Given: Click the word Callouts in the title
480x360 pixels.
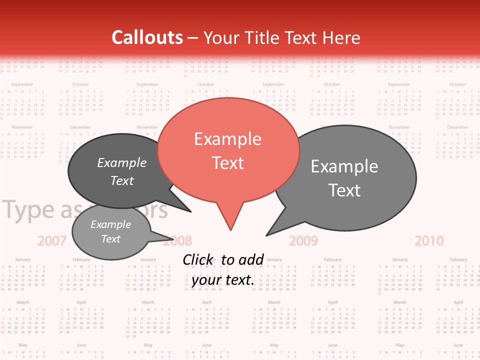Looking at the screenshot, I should (147, 37).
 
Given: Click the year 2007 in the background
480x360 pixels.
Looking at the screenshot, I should (52, 241).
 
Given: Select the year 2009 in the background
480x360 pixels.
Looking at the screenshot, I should (303, 241).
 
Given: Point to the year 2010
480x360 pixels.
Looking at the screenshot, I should (429, 241).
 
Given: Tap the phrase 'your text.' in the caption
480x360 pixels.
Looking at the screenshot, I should (222, 280).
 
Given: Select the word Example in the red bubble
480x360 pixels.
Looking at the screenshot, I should (227, 138).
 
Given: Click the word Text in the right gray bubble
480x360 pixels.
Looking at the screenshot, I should (344, 190).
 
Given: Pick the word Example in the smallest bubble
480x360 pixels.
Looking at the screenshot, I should (110, 224).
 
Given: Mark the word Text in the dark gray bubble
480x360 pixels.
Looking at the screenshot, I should (122, 180).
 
